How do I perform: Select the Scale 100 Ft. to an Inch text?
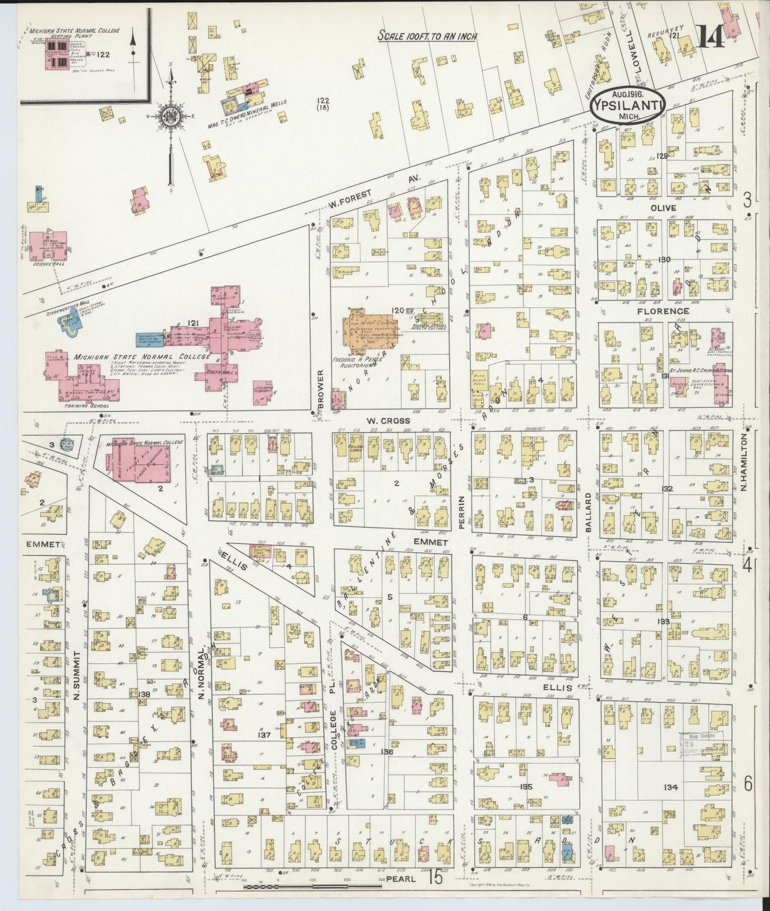(x=427, y=36)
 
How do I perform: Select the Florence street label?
(x=669, y=311)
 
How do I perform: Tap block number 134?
(x=671, y=787)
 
